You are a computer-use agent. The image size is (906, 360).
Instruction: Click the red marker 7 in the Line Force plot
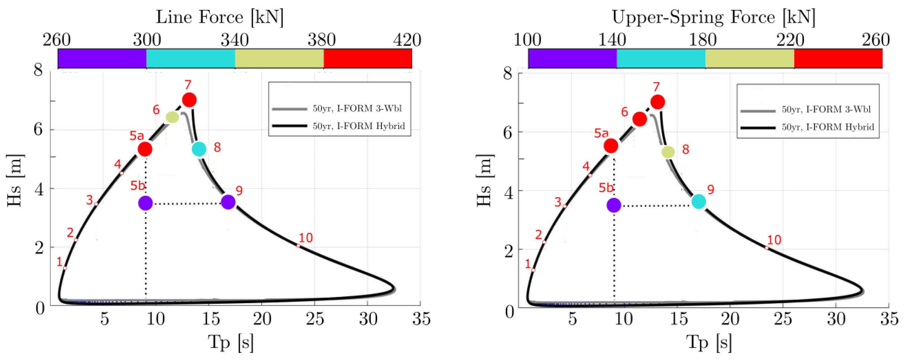pyautogui.click(x=189, y=100)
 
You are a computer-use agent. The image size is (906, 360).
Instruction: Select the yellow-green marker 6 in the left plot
pyautogui.click(x=172, y=117)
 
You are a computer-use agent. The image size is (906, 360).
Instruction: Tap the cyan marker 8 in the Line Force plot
pyautogui.click(x=199, y=149)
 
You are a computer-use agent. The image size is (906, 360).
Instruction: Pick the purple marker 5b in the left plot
pyautogui.click(x=145, y=203)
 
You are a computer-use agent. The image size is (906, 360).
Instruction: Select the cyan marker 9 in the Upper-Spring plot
pyautogui.click(x=698, y=202)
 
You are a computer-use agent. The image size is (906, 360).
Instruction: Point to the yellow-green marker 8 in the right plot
pyautogui.click(x=668, y=152)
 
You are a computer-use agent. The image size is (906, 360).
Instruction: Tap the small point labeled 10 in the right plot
pyautogui.click(x=767, y=248)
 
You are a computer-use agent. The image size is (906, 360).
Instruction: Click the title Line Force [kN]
pyautogui.click(x=220, y=17)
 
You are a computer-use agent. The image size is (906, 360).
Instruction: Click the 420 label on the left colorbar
pyautogui.click(x=407, y=40)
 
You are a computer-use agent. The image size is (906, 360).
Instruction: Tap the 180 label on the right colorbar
pyautogui.click(x=703, y=40)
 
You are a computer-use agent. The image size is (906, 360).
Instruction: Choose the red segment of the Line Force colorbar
pyautogui.click(x=368, y=58)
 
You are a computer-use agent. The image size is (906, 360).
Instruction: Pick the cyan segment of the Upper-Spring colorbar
pyautogui.click(x=661, y=58)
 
